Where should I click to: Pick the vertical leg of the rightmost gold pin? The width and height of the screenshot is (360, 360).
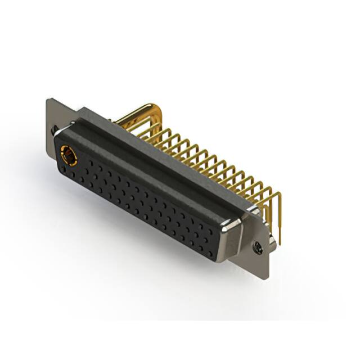tap(278, 217)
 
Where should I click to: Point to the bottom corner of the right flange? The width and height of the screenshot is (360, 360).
tap(264, 278)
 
